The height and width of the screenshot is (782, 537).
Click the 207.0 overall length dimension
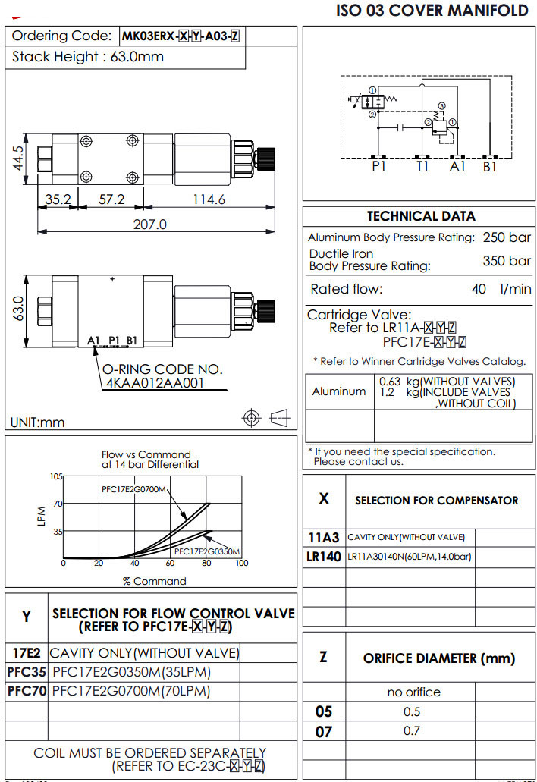149,225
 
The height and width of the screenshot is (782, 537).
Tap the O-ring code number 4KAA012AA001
155,383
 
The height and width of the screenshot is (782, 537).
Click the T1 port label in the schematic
423,166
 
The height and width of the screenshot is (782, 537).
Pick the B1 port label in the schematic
490,166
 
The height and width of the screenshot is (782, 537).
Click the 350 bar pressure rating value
507,261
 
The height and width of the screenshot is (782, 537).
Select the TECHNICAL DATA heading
421,216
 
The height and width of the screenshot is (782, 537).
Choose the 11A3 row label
324,537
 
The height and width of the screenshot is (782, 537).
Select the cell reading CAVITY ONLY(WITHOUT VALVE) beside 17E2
144,652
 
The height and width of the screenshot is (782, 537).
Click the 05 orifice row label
324,711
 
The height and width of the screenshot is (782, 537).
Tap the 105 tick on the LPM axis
55,476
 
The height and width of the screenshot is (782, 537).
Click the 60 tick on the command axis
170,563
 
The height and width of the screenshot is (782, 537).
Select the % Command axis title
154,581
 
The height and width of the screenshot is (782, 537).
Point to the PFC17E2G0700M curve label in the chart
133,489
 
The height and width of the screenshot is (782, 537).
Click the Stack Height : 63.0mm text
88,57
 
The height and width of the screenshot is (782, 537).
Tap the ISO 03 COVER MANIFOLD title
432,11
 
